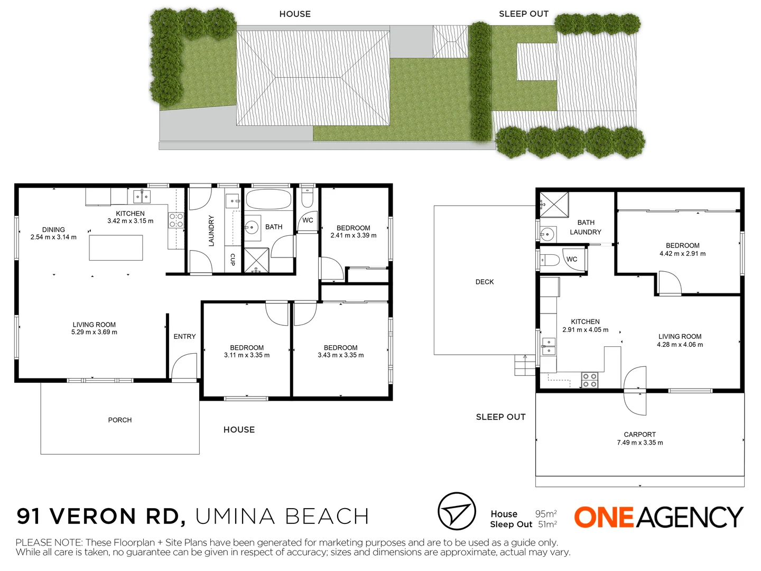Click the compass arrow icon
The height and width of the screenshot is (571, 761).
(457, 511)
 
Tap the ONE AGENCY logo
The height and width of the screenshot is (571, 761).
(658, 517)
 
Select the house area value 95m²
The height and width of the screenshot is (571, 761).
(546, 514)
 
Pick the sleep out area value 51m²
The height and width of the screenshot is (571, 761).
(547, 524)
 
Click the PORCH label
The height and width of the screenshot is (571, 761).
(120, 420)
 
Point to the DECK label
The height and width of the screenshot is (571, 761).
(485, 282)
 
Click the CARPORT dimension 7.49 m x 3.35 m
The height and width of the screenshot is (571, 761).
(640, 443)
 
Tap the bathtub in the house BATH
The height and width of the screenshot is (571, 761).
(268, 200)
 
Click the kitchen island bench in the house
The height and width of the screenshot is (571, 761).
(116, 247)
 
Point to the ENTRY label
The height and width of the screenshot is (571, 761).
(184, 336)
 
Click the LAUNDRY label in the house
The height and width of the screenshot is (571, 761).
(211, 231)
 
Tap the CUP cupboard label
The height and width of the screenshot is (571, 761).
(233, 259)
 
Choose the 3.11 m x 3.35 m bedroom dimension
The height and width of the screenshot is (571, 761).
(247, 355)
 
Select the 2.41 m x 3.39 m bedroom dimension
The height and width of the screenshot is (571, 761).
(354, 235)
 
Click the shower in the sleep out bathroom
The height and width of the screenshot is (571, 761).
(554, 205)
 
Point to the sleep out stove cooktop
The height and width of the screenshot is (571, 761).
(590, 380)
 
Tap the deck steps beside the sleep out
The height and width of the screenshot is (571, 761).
(525, 365)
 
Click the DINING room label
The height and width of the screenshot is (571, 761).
(53, 229)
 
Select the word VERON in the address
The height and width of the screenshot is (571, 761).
(93, 517)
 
